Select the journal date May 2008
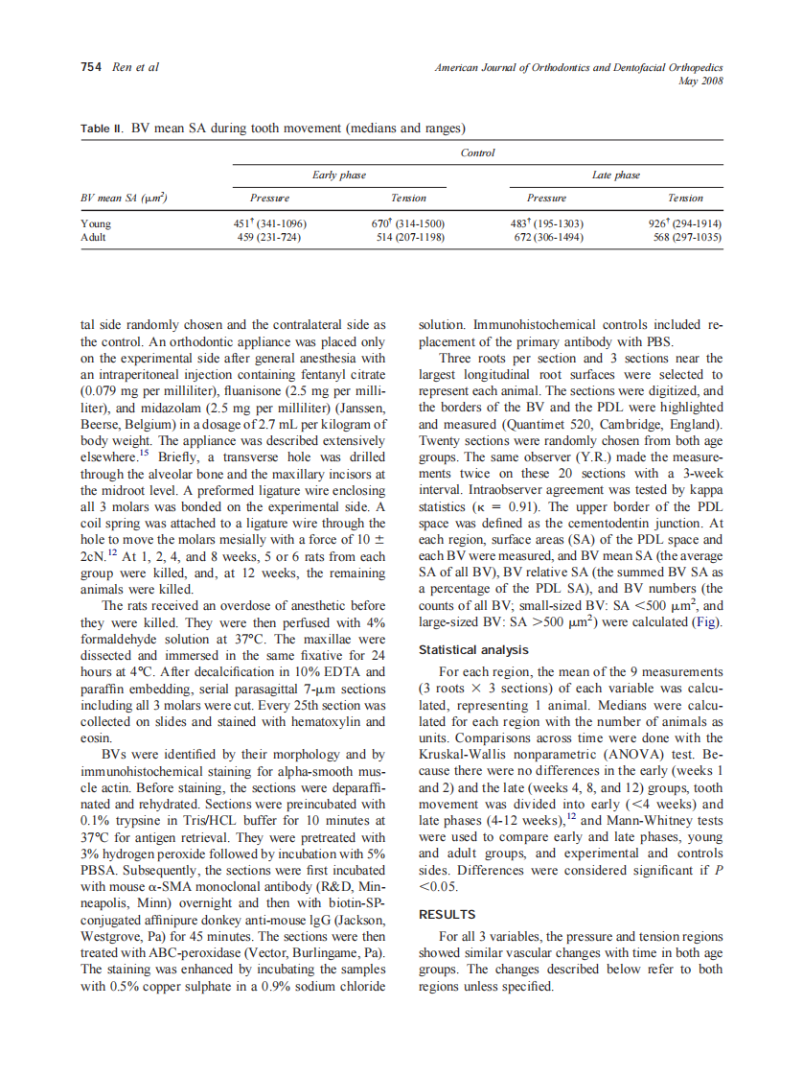pyautogui.click(x=700, y=81)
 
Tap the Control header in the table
pyautogui.click(x=477, y=152)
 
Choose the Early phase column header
pyautogui.click(x=339, y=175)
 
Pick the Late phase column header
pyautogui.click(x=615, y=175)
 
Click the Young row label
pyautogui.click(x=96, y=223)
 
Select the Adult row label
pyautogui.click(x=94, y=237)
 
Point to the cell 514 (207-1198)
pyautogui.click(x=409, y=237)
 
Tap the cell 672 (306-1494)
pyautogui.click(x=546, y=237)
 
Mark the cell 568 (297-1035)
pyautogui.click(x=685, y=237)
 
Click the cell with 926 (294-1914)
pyautogui.click(x=685, y=223)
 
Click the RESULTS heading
pyautogui.click(x=447, y=914)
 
